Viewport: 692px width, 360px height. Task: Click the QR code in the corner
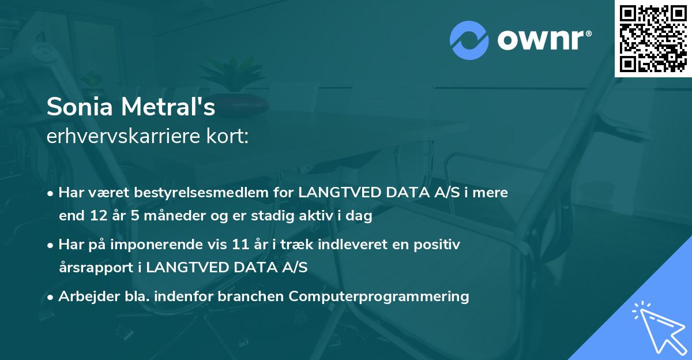653,38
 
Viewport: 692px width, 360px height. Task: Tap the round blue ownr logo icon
469,40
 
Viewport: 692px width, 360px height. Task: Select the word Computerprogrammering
379,297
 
